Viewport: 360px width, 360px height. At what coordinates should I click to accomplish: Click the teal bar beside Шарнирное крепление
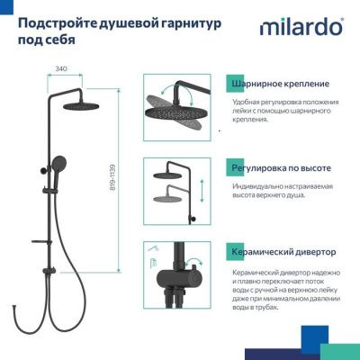(226, 83)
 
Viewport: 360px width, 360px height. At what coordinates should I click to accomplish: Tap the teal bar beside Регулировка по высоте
(226, 168)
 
